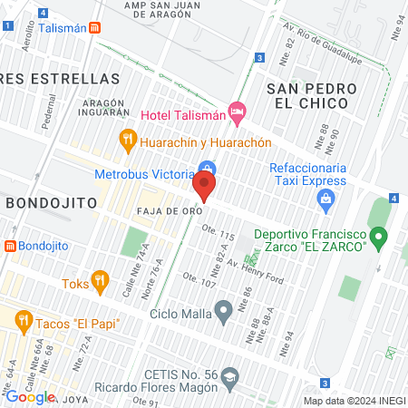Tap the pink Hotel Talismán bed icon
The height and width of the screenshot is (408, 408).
tap(238, 114)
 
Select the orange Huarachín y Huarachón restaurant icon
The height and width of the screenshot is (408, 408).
tap(128, 141)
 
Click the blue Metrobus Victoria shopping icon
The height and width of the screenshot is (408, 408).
tap(208, 170)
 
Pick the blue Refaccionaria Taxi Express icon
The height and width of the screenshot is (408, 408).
tap(328, 199)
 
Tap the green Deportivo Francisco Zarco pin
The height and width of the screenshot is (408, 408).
tap(380, 238)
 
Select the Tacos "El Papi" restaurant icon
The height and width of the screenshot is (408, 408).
tap(24, 319)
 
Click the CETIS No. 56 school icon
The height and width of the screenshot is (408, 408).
tap(232, 374)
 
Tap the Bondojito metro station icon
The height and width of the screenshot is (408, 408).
tap(10, 246)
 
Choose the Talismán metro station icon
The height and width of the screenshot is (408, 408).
tap(94, 28)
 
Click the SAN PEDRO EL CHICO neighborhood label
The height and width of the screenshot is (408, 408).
tap(307, 95)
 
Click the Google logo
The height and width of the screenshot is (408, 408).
tap(30, 396)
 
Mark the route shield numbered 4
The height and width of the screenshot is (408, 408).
tap(393, 199)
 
